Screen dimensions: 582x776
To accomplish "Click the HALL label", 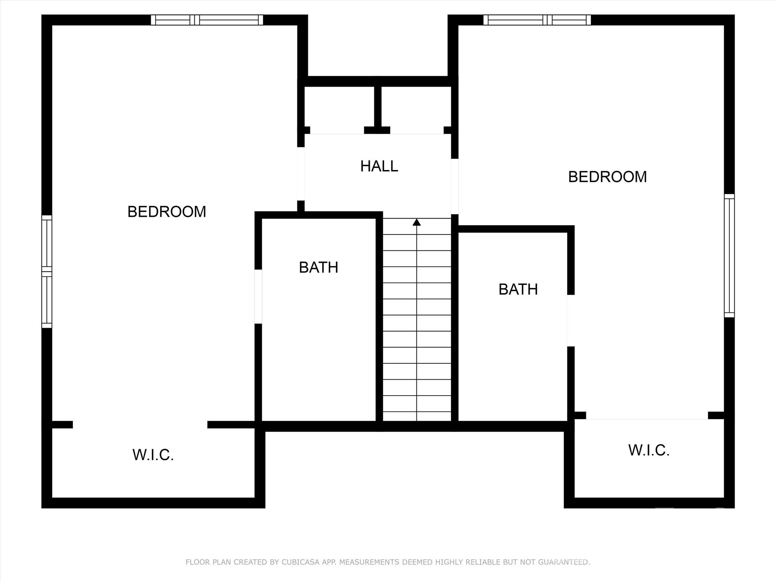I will pos(379,166).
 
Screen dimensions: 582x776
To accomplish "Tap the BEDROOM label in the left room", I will pos(167,211).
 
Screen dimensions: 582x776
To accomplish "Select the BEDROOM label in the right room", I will pos(607,177).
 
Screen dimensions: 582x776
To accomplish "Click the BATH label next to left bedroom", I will pos(318,268).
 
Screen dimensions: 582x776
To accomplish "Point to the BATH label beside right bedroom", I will pos(518,289).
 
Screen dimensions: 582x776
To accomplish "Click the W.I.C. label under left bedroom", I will pos(153,455).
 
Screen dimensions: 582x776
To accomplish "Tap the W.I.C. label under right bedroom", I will pos(649,450).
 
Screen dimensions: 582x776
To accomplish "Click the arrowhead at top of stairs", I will pos(417,222).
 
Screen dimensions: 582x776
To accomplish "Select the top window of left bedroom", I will pos(207,20).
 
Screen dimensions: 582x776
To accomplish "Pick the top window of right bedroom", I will pos(537,20).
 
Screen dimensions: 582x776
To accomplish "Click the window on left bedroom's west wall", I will pos(47,271).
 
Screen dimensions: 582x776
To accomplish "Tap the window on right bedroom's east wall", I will pos(729,255).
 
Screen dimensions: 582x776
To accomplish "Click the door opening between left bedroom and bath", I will pos(258,296).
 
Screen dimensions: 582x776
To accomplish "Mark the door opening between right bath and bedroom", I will pos(571,321).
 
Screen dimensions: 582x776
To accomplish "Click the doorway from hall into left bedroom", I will pos(301,174).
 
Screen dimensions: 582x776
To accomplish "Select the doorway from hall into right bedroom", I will pos(455,186).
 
